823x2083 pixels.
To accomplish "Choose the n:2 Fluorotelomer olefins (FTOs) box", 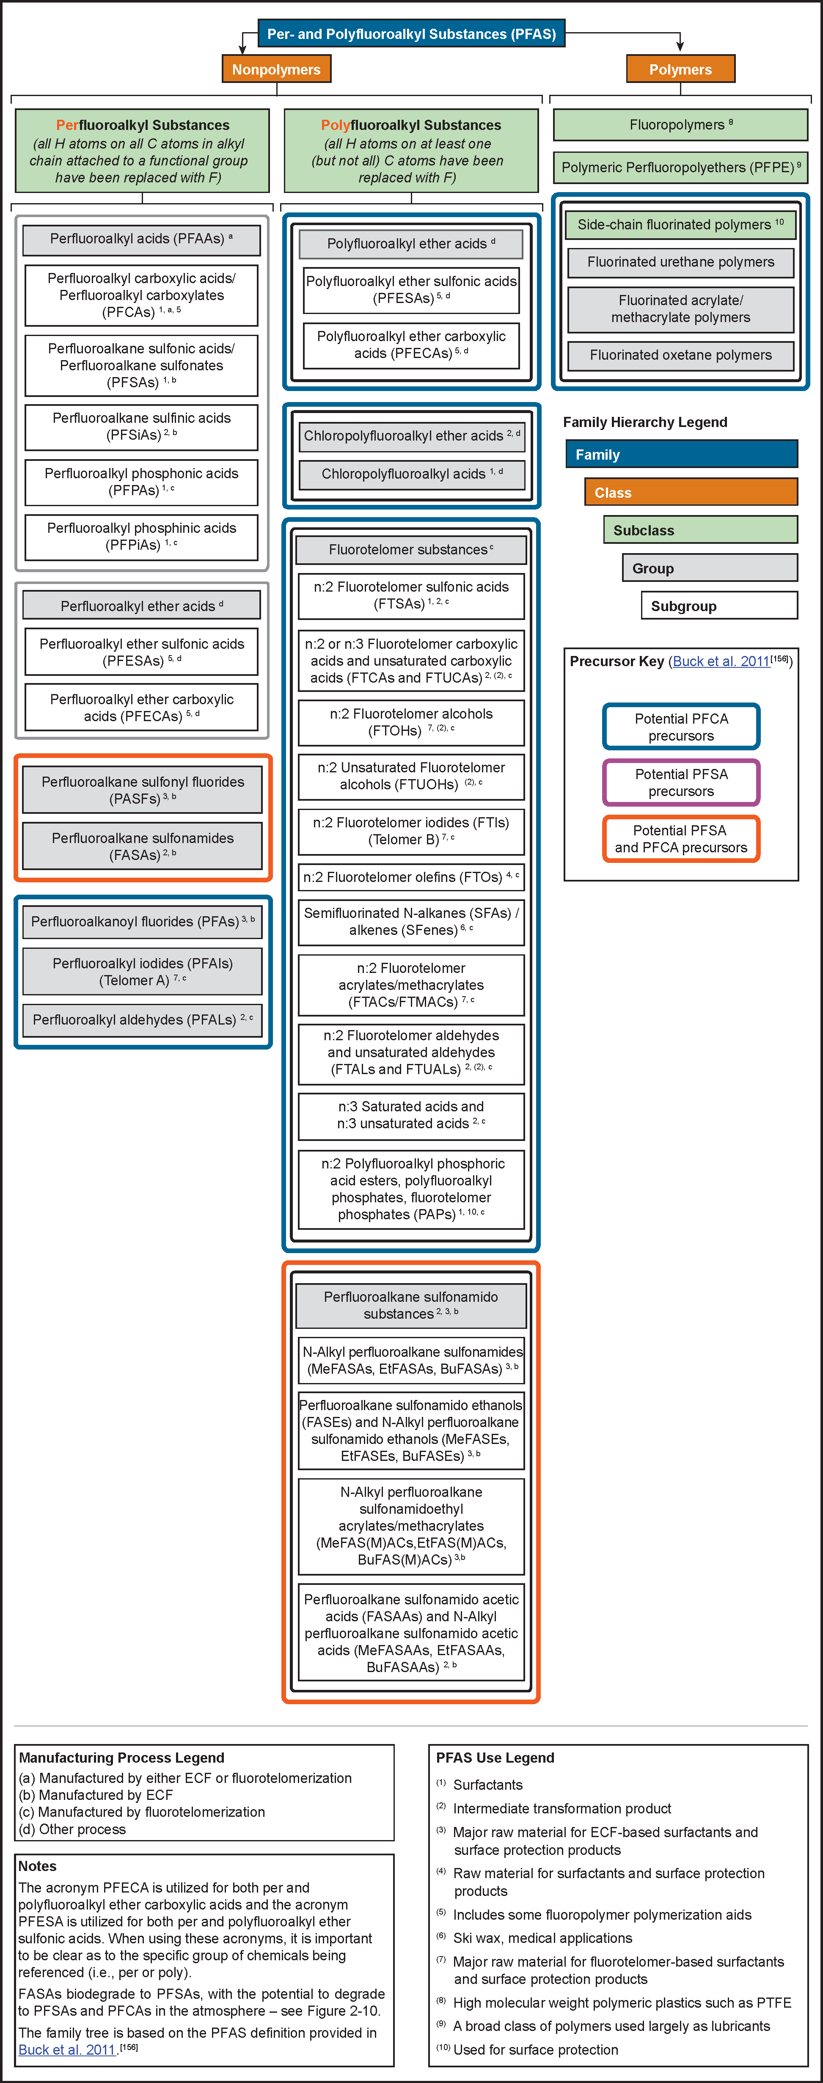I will pyautogui.click(x=411, y=877).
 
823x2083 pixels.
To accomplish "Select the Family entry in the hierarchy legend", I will pyautogui.click(x=681, y=455).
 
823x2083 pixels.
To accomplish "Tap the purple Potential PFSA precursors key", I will pyautogui.click(x=681, y=783).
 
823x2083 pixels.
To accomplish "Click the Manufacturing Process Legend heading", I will pyautogui.click(x=121, y=1758).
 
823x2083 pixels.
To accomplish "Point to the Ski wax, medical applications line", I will pyautogui.click(x=542, y=1938).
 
